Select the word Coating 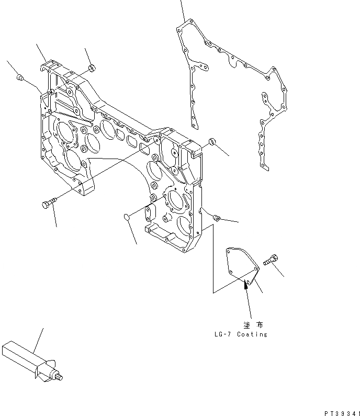(252, 334)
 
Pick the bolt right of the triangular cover (270, 258)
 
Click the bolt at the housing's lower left (46, 205)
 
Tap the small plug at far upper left (20, 78)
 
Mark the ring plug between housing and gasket (211, 141)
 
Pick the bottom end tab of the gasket (265, 167)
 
